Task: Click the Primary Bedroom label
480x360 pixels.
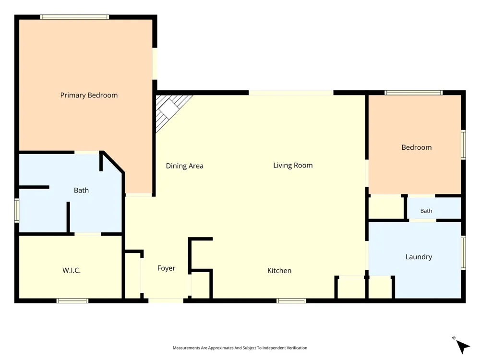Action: click(89, 95)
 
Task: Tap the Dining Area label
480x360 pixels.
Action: click(185, 166)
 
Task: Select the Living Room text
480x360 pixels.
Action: click(293, 165)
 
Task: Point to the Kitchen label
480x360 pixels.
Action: click(279, 271)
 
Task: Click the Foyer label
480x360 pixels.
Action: click(166, 268)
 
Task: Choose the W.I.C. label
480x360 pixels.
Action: click(72, 270)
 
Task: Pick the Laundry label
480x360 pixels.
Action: click(419, 257)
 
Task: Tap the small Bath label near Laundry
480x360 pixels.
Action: click(426, 211)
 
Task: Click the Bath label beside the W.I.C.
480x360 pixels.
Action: click(82, 191)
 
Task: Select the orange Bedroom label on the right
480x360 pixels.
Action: click(417, 147)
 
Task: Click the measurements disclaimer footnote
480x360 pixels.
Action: click(240, 348)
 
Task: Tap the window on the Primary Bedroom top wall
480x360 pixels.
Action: click(74, 17)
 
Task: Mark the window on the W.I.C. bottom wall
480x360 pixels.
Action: click(72, 301)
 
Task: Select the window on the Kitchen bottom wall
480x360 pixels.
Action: click(291, 301)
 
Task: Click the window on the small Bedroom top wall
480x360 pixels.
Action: click(414, 93)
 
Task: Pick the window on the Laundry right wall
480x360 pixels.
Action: click(464, 252)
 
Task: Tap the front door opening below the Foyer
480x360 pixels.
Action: click(166, 301)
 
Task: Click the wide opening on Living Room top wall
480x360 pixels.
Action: click(291, 93)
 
